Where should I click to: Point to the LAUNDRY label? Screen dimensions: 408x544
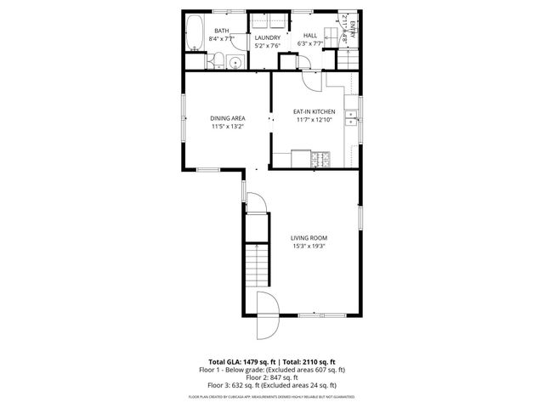point(268,37)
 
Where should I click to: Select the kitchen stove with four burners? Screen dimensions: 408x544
point(322,158)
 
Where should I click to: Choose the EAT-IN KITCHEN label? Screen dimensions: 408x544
point(314,112)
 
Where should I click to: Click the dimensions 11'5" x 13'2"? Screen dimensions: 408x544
point(228,127)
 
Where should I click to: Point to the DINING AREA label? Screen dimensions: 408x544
point(228,118)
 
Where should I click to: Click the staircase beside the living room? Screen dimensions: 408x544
point(258,264)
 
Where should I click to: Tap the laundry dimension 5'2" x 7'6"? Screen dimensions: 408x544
point(268,45)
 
